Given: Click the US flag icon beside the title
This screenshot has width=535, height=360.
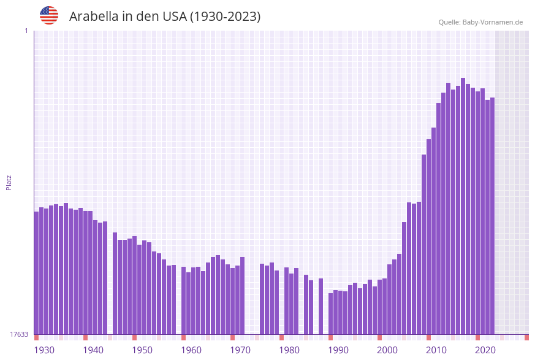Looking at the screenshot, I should (x=49, y=15).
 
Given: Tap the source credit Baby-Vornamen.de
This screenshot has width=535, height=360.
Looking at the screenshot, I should (x=480, y=22).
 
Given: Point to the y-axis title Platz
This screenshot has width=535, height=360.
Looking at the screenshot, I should (x=9, y=182).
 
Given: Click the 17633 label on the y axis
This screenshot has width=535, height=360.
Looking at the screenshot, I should (x=19, y=334).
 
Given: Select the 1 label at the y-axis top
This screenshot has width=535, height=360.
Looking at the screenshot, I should (x=26, y=31).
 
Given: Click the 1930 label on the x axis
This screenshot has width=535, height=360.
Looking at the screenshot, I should (x=44, y=350).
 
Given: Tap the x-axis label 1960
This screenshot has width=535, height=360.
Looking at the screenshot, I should (x=191, y=350).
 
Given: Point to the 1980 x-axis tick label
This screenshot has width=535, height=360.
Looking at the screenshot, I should (x=289, y=350).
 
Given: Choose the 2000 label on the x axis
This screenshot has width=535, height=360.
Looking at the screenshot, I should (x=387, y=350).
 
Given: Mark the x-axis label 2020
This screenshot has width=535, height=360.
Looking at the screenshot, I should (x=485, y=350).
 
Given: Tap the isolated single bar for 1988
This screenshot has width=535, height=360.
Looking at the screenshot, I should (x=321, y=306).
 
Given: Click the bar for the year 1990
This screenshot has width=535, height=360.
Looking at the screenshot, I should (x=330, y=313).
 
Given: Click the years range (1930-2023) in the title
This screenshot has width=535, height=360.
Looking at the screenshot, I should (x=225, y=17).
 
